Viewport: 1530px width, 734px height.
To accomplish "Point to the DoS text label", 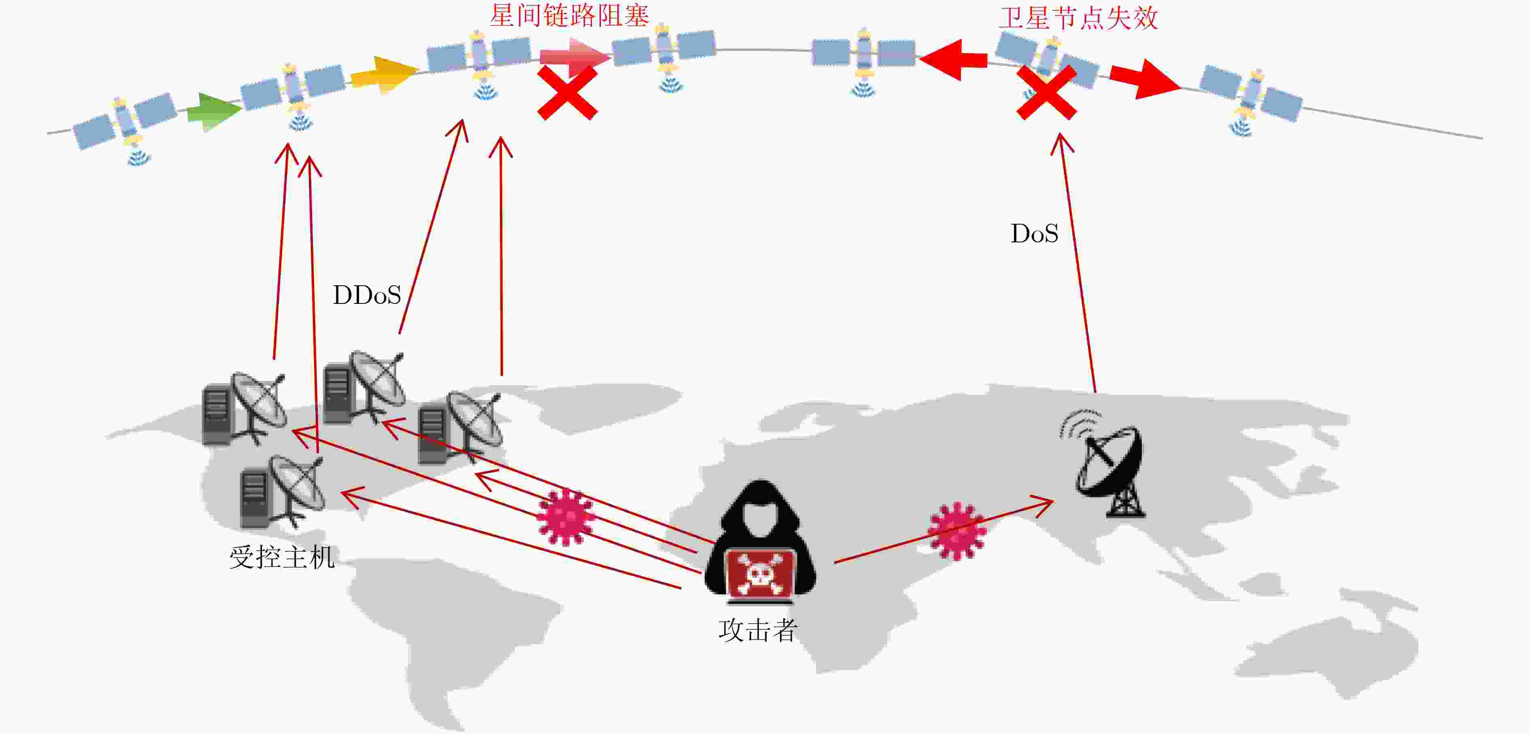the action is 1035,233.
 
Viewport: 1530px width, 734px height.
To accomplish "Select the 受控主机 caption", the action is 282,557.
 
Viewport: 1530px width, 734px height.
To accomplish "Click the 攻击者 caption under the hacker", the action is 758,630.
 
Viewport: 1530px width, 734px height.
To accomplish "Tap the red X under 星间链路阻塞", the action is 567,93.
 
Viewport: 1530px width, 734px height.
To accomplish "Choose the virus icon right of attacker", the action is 957,531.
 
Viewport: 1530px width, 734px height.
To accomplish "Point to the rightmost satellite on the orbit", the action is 1251,98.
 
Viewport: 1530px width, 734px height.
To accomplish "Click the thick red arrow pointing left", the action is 953,59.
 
